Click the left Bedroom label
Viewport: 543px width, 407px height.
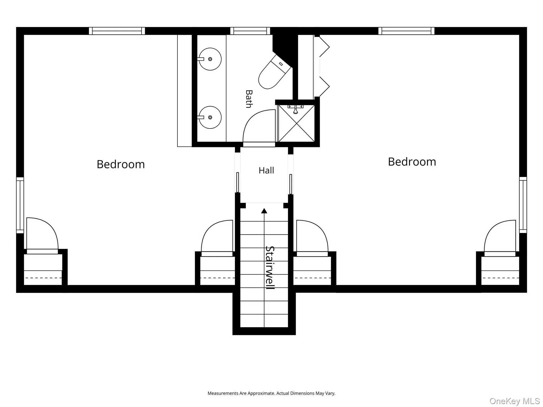(121, 164)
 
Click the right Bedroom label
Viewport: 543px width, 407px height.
(412, 162)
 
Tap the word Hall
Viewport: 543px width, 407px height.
(266, 170)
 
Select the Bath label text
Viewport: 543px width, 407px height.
(249, 99)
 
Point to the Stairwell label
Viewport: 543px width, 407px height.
(270, 268)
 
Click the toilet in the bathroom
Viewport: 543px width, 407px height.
(275, 72)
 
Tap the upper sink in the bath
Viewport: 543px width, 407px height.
(210, 59)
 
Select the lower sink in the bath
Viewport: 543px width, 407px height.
(210, 117)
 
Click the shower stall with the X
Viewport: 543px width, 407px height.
(296, 123)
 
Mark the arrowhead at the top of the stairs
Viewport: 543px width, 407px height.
(264, 211)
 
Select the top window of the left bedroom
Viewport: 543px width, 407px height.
(117, 31)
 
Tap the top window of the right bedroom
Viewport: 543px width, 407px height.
(406, 31)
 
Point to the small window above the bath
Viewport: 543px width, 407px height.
(250, 31)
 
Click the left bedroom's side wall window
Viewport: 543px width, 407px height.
(20, 205)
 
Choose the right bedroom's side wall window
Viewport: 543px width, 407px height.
(523, 205)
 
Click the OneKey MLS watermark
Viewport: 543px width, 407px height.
(515, 401)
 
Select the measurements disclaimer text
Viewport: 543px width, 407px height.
(271, 393)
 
